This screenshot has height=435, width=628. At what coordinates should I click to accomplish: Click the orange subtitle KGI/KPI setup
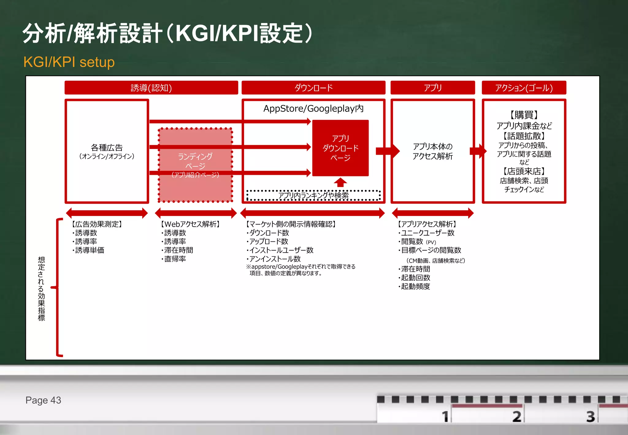[69, 62]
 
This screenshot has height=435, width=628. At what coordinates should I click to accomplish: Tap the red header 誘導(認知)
[151, 88]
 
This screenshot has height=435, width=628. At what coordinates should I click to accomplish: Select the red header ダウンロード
[313, 88]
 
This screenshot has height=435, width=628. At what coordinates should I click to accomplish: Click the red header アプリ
[432, 88]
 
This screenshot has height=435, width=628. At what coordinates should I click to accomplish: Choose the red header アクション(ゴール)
[524, 88]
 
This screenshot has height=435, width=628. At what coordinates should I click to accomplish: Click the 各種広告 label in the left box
[107, 148]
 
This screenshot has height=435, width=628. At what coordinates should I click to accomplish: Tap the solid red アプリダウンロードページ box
[340, 148]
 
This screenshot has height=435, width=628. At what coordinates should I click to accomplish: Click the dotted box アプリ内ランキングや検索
[313, 195]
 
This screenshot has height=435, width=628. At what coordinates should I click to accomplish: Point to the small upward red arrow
[340, 182]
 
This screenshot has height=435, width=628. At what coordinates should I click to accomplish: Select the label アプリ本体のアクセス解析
[432, 151]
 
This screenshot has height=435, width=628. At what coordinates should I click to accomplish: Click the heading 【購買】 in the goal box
[524, 115]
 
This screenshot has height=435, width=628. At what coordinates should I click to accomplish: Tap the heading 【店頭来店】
[524, 171]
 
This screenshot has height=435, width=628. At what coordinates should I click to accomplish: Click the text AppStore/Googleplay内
[313, 109]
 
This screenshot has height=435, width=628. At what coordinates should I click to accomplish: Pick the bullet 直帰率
[175, 259]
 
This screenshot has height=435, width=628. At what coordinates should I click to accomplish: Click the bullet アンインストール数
[275, 259]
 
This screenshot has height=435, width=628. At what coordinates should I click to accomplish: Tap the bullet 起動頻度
[415, 286]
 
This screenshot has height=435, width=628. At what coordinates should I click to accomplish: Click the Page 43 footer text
[43, 400]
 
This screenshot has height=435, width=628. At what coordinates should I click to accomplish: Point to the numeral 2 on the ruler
[517, 417]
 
